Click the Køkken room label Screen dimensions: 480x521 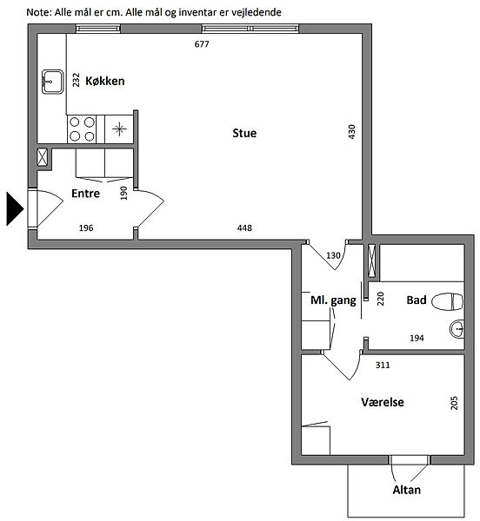coord(104,81)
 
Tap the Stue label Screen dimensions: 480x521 coord(244,133)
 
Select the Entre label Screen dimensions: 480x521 coord(85,194)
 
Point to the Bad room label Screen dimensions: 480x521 coord(417,300)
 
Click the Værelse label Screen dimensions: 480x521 coord(383,402)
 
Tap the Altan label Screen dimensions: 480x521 coord(406,490)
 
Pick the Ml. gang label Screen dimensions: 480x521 coord(333,300)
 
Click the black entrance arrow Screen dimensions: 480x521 coord(15,209)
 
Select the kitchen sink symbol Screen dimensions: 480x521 coord(52,82)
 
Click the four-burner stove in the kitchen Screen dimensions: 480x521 coord(82,129)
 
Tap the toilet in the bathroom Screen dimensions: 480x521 coord(447,301)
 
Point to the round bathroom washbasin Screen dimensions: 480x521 coord(457,329)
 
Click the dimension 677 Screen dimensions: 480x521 coord(202,44)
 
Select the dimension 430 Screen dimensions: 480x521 coord(351,132)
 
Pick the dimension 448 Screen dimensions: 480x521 coord(244,228)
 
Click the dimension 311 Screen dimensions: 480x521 coord(383,366)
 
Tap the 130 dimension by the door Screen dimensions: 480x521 coord(333,255)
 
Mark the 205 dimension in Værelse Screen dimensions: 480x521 coord(454,403)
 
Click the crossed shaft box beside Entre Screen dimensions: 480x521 coord(43,157)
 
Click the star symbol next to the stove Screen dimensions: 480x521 coord(119,129)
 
